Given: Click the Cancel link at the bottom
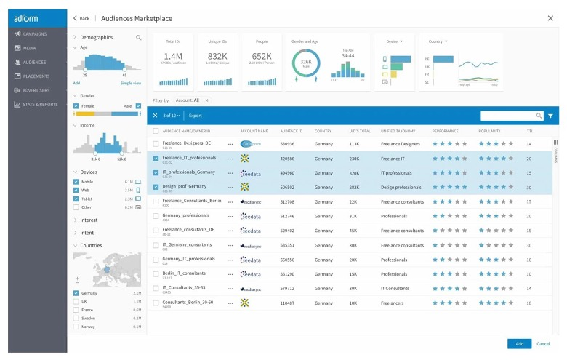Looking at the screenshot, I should (x=543, y=343).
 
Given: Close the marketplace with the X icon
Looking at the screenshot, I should (x=550, y=17).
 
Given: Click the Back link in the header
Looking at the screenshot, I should (x=81, y=18).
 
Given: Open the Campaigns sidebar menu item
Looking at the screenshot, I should (x=33, y=34).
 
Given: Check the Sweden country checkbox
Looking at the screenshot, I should (x=76, y=318).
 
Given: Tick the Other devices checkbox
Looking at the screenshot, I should (x=76, y=207).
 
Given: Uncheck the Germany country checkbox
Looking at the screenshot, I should (x=76, y=293).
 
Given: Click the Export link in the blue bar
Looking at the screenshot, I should (x=196, y=116).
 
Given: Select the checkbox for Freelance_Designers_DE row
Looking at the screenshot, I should (x=156, y=144).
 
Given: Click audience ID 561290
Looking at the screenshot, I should (x=287, y=274).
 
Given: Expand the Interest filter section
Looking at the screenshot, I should (x=89, y=220).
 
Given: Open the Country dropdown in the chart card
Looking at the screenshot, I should (x=437, y=41).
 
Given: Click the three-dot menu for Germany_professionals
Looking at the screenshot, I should (x=230, y=216).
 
